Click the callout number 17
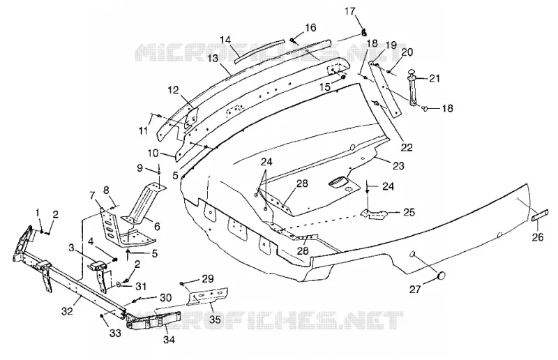coord(350,11)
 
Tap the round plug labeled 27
coord(442,276)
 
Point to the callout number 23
coord(398,165)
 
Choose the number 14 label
coord(225,40)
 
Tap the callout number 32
coord(67,311)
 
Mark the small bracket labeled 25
coord(373,214)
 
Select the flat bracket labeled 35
coord(208,295)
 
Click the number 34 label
coord(169,340)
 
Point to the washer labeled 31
coord(118,285)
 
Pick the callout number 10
coord(153,153)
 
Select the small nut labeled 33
coord(103,316)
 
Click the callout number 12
coord(173,90)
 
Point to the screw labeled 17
coord(363,32)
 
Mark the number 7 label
coord(93,195)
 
